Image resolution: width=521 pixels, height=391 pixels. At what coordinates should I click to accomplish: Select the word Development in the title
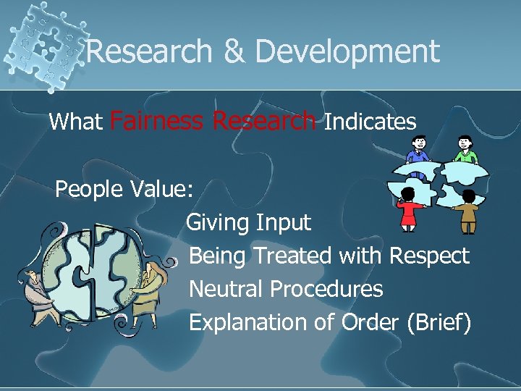tap(347, 52)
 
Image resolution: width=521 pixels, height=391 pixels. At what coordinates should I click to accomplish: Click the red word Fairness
tap(158, 121)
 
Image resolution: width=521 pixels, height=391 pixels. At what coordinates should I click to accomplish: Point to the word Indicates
tap(370, 122)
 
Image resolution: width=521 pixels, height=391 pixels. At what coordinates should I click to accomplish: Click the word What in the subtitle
tap(76, 122)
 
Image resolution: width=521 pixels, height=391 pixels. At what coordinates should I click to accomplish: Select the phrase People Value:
tap(124, 189)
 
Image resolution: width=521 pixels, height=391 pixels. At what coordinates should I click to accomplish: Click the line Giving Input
tap(248, 222)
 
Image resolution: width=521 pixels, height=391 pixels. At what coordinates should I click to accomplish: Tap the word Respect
tap(429, 256)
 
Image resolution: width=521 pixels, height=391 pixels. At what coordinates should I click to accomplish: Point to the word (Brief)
tap(439, 322)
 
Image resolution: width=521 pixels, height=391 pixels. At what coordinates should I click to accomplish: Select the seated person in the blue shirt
tap(418, 150)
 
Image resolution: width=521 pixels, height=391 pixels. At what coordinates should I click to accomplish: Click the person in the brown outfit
tap(469, 209)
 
